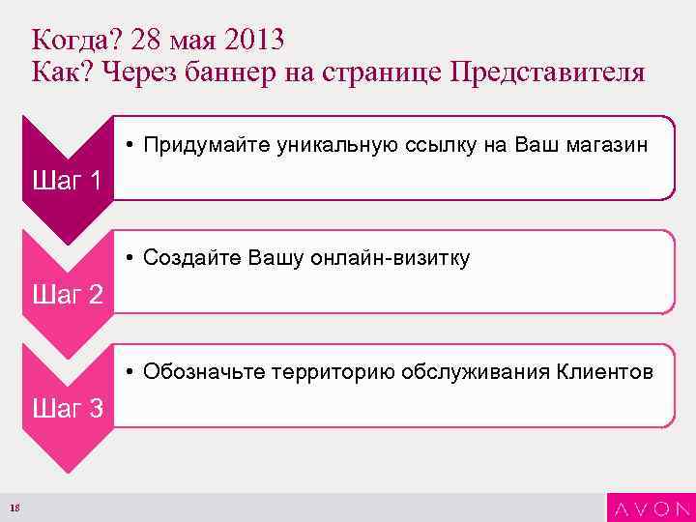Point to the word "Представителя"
click(x=546, y=73)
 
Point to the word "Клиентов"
click(x=604, y=372)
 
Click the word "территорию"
click(x=333, y=372)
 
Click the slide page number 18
click(x=14, y=508)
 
